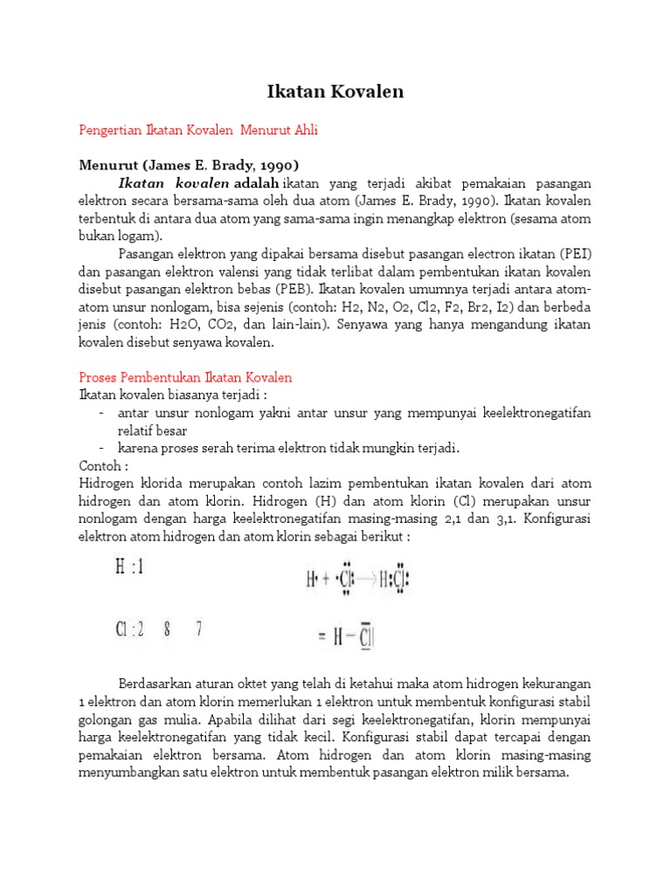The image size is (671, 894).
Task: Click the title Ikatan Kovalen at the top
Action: pos(335,91)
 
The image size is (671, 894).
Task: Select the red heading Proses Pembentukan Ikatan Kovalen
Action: pos(185,377)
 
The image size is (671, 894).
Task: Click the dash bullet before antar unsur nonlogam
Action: pos(101,413)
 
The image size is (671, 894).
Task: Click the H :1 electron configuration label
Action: pos(129,568)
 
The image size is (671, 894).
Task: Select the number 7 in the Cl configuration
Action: pos(199,629)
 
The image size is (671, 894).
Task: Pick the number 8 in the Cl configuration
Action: pos(166,629)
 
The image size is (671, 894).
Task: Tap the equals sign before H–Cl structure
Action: pos(322,638)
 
